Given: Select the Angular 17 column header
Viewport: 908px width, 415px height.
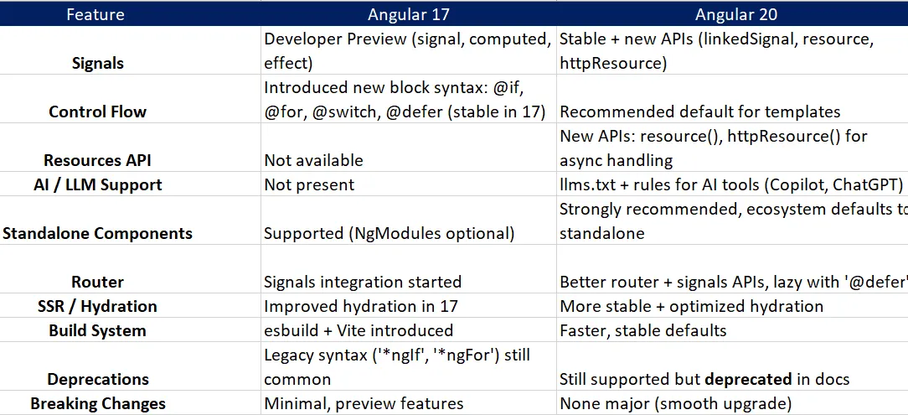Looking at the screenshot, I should coord(409,14).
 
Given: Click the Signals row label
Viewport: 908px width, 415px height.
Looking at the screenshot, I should coord(98,63).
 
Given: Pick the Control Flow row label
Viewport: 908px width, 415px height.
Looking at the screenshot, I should coord(97,112).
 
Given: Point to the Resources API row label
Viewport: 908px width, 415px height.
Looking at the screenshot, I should coord(98,160).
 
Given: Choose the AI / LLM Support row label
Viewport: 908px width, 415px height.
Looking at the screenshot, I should coord(92,184).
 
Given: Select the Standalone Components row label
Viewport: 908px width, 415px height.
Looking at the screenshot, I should coord(97,233).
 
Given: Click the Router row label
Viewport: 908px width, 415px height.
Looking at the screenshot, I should coord(98,283).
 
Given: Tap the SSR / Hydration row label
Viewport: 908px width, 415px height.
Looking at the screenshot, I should coord(97,307).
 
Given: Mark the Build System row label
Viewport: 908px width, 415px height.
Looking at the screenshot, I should coord(97,330).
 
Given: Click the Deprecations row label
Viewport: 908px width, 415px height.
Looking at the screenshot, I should coord(98,379).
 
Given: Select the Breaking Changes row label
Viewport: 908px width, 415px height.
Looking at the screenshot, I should coord(97,403).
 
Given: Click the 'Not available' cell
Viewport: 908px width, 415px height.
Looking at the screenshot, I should coord(313,160).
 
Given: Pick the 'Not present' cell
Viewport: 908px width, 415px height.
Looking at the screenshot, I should coord(309,184).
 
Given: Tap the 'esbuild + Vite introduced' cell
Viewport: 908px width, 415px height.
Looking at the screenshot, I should coord(359,330).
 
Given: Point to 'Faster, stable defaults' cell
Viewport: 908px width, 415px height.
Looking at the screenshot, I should coord(643,330).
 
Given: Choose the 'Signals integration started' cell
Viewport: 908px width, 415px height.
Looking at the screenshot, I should coord(363,283).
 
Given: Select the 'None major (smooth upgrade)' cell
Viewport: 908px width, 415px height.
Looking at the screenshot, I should coord(675,403).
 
